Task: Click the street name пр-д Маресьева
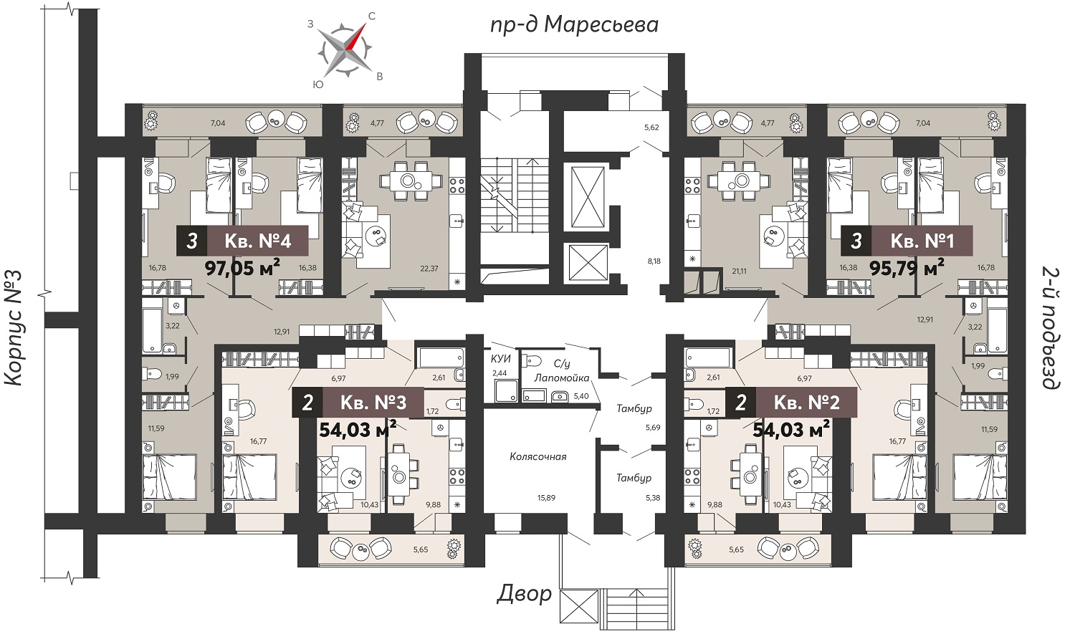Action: pos(575,24)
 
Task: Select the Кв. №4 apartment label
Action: pos(258,241)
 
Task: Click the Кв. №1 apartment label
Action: pos(922,241)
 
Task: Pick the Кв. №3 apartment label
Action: pos(373,402)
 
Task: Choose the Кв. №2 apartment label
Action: pos(807,402)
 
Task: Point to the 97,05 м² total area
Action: pos(243,267)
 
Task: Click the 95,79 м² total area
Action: pos(907,267)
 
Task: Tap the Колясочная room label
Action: pos(538,457)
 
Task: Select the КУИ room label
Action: pos(500,359)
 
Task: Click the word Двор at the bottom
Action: pos(524,594)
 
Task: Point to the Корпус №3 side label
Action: pos(14,328)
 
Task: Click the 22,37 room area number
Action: pos(429,269)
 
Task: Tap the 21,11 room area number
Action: pos(738,271)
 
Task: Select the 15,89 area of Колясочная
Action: pos(546,498)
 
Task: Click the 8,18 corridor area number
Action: pos(654,261)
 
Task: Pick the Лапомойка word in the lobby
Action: pos(561,378)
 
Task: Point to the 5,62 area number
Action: pos(651,128)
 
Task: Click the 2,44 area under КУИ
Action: pos(500,373)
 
